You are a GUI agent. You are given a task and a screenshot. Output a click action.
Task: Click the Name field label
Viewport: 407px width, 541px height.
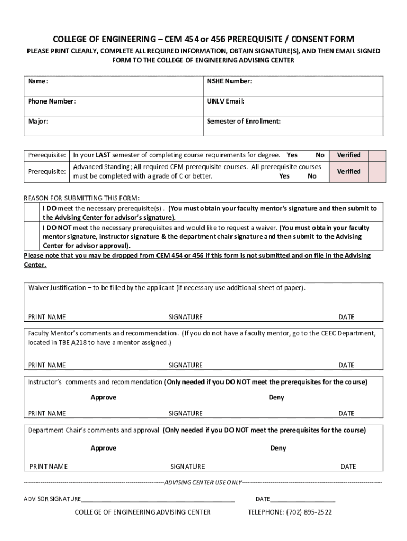38,82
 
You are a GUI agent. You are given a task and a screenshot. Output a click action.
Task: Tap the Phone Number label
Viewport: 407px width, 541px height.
52,101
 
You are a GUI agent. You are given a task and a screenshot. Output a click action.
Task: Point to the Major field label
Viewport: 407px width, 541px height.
38,121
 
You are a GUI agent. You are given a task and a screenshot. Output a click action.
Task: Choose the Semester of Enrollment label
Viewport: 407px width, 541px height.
244,121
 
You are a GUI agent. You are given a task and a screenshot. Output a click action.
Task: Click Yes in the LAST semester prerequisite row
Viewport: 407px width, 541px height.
292,155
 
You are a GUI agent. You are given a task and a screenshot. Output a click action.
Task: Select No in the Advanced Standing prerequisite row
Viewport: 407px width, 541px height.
312,176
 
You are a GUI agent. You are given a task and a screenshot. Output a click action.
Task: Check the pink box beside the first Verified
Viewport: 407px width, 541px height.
377,155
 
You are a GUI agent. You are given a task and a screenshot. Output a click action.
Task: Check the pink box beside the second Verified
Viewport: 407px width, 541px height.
377,172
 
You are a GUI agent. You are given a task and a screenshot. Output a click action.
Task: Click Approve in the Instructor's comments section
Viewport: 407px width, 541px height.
103,397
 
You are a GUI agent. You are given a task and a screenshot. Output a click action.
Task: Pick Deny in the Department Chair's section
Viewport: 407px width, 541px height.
278,448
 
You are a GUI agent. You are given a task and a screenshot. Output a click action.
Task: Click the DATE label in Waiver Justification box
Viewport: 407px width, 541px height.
346,317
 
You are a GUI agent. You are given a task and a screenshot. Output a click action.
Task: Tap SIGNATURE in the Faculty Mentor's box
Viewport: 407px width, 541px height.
186,365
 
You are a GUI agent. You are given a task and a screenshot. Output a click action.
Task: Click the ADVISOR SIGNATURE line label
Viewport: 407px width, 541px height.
52,499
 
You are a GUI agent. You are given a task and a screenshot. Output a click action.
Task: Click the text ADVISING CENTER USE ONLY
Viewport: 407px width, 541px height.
203,482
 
